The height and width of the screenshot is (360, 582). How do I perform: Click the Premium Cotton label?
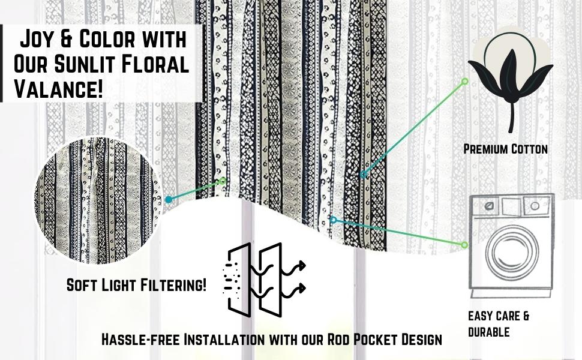[x=505, y=149]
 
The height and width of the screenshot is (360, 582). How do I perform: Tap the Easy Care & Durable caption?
[x=498, y=323]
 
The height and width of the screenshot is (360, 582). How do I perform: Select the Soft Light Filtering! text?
[x=136, y=286]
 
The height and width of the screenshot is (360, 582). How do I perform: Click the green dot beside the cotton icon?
[x=464, y=81]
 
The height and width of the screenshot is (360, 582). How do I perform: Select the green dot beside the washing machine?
[x=464, y=245]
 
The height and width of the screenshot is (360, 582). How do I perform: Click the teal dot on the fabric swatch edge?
[x=169, y=199]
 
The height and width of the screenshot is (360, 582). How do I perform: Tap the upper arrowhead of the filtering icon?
[x=302, y=264]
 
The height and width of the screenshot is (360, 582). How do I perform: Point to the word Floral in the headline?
[x=158, y=65]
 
